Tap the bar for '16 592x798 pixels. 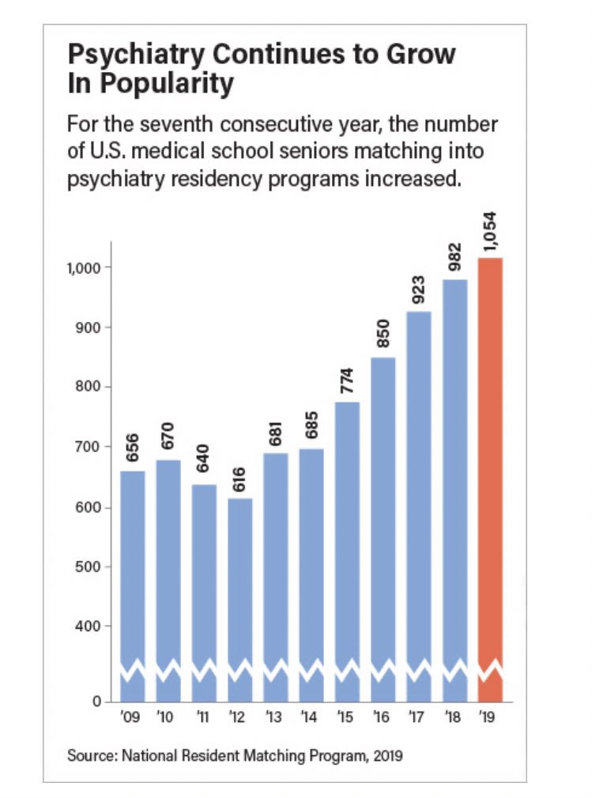click(383, 526)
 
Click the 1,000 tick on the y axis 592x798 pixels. click(82, 267)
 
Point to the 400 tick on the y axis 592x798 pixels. click(87, 626)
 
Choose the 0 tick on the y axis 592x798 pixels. click(96, 701)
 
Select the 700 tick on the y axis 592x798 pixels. click(87, 447)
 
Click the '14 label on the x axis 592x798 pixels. click(311, 718)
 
